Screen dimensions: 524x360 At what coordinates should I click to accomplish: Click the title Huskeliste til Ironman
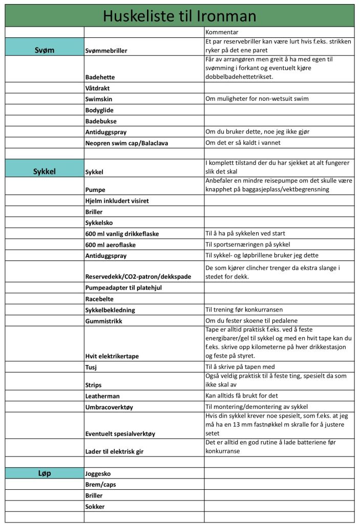[x=179, y=16]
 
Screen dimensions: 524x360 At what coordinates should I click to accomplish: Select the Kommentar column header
[x=221, y=32]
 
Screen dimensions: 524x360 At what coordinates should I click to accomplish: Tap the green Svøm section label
[x=45, y=50]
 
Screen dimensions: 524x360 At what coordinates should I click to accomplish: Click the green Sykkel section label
[x=45, y=171]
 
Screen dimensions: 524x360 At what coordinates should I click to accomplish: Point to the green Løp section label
[x=45, y=473]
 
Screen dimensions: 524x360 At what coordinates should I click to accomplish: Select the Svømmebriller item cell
[x=113, y=51]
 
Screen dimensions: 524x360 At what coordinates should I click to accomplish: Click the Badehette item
[x=100, y=77]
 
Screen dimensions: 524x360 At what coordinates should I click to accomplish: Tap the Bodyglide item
[x=99, y=110]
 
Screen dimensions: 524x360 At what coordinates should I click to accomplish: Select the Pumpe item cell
[x=95, y=189]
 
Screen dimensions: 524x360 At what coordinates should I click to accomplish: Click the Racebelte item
[x=99, y=299]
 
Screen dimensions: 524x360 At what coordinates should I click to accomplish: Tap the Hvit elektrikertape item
[x=112, y=356]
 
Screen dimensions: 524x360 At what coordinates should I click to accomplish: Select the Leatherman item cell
[x=102, y=396]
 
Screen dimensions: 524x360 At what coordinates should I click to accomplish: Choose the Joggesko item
[x=98, y=474]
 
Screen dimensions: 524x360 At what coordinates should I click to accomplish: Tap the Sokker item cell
[x=95, y=507]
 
